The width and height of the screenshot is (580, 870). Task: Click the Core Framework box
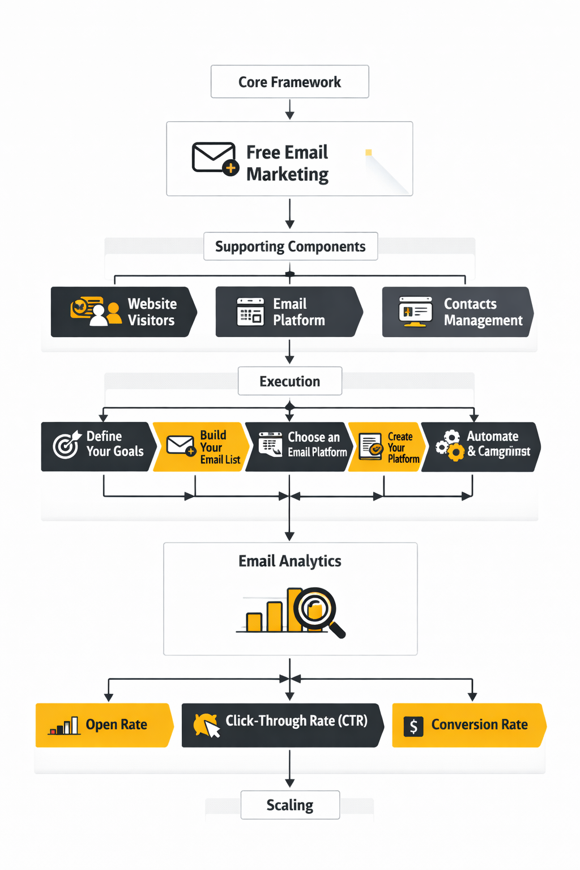289,82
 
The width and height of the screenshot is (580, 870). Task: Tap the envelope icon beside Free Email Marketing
214,158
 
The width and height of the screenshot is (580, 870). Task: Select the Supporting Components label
290,246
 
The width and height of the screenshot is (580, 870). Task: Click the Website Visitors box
123,312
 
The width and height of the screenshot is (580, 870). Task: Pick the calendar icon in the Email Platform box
250,312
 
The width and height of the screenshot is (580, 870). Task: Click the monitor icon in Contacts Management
415,312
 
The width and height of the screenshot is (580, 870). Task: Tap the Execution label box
289,381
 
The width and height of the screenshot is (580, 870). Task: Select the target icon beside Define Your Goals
66,445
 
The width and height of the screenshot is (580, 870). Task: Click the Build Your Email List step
200,447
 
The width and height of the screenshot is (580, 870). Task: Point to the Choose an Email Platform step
299,447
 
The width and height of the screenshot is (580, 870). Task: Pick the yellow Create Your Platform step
387,447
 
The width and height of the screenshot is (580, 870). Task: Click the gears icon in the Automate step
450,446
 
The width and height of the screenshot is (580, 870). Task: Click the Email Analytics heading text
289,561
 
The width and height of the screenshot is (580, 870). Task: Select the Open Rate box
103,725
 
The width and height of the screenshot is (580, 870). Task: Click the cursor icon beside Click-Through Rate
207,726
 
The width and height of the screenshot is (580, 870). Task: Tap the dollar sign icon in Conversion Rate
413,726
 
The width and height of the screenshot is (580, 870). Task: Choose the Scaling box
289,805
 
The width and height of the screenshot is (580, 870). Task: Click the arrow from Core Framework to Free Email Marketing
289,109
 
